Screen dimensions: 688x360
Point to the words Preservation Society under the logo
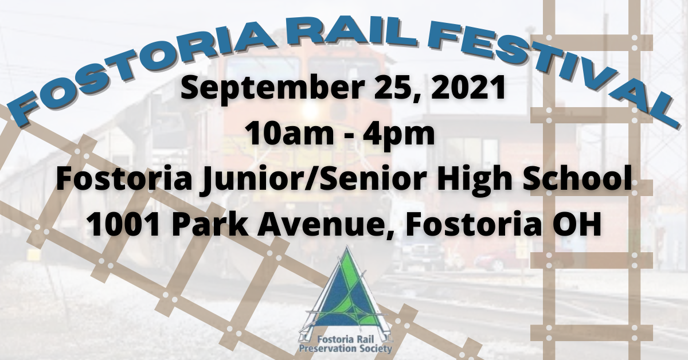346,349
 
